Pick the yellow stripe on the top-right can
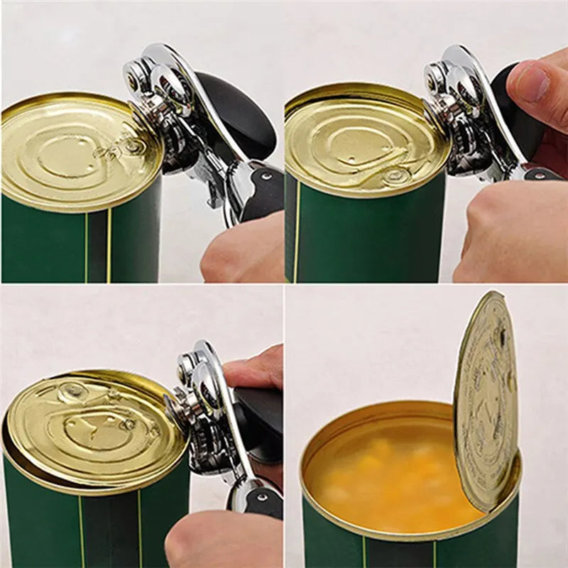tap(295, 234)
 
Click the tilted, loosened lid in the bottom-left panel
tap(92, 426)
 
